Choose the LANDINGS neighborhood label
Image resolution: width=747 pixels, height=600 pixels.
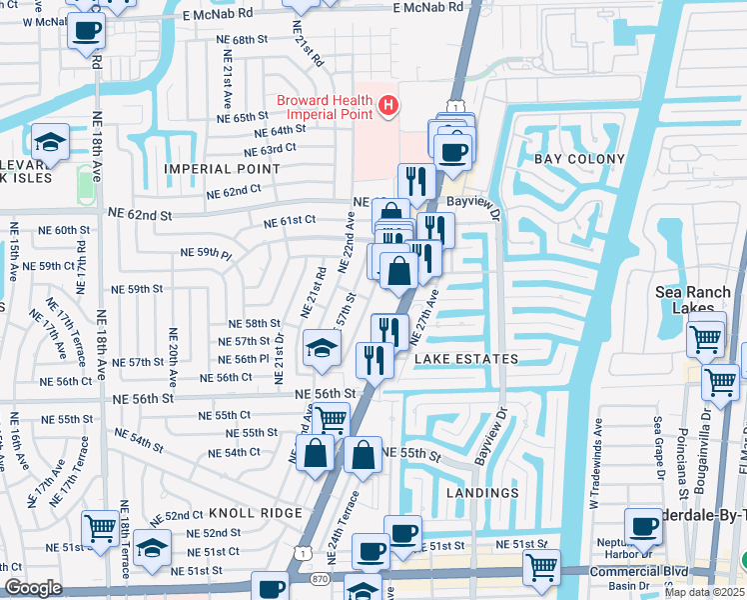[x=483, y=493]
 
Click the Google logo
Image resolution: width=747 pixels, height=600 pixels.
[x=33, y=588]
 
